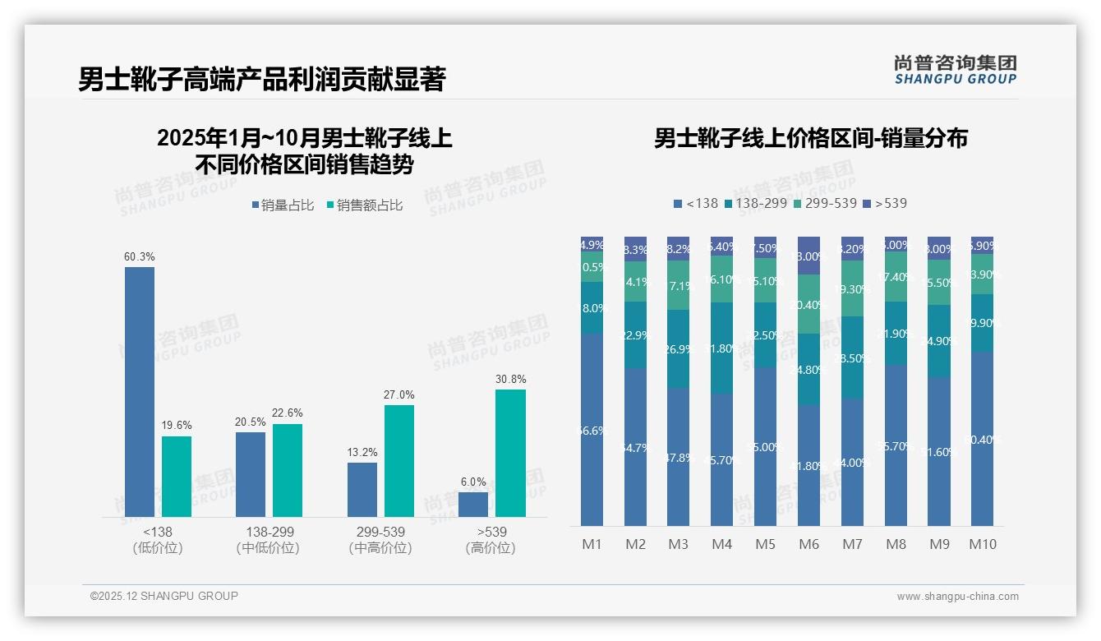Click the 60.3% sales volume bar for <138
coord(140,392)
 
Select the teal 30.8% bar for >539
coord(510,453)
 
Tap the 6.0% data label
coord(473,482)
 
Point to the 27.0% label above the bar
coord(398,395)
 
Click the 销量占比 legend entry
coord(282,205)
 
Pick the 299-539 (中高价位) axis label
coord(380,540)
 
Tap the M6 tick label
coord(808,544)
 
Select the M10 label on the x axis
coord(982,544)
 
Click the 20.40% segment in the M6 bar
coord(808,304)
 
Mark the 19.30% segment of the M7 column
coord(852,288)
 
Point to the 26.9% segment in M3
coord(678,348)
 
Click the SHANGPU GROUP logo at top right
coord(955,70)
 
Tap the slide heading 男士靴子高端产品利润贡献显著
coord(261,80)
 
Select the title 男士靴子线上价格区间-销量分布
coord(810,138)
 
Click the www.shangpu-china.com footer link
coord(957,597)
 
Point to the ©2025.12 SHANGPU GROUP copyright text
coord(164,596)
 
